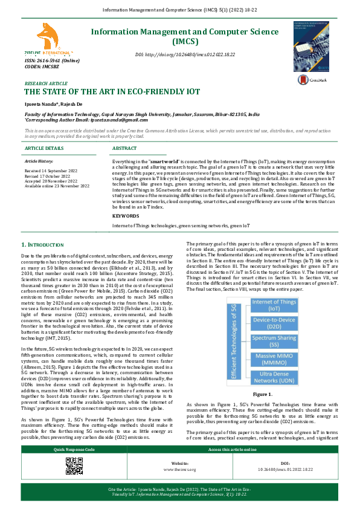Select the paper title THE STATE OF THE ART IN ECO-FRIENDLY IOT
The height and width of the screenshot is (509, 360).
[112, 92]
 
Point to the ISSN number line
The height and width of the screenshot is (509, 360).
[52, 61]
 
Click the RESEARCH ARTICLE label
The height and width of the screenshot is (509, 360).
[45, 83]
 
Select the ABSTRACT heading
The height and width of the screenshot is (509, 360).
[124, 148]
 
